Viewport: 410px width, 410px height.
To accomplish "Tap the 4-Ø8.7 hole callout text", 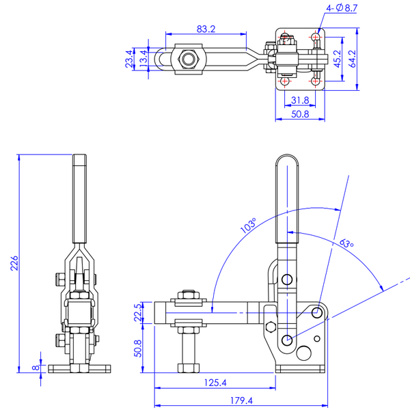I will point(342,9).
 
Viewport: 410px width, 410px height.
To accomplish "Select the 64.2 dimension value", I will point(353,59).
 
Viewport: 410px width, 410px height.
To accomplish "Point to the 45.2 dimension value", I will point(338,59).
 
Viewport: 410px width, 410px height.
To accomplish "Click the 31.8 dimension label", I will point(299,100).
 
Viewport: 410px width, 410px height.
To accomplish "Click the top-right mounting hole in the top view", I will point(316,36).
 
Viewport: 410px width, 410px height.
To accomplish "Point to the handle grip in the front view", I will point(79,198).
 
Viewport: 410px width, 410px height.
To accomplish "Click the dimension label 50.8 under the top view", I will point(299,115).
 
